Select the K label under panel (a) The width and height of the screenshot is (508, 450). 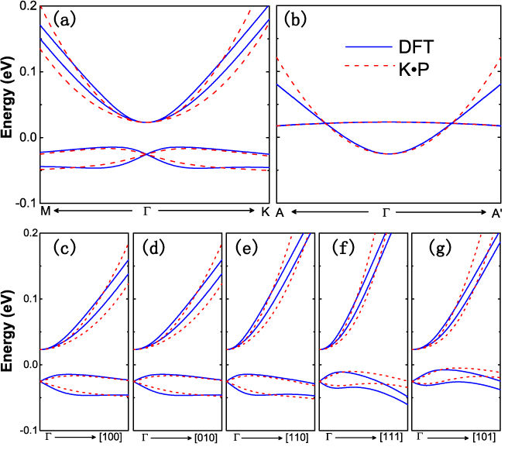click(x=266, y=211)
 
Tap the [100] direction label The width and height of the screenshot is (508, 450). click(x=111, y=438)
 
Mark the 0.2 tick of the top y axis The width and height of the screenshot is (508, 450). click(x=26, y=6)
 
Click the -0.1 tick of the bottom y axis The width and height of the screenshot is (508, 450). click(x=24, y=430)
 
